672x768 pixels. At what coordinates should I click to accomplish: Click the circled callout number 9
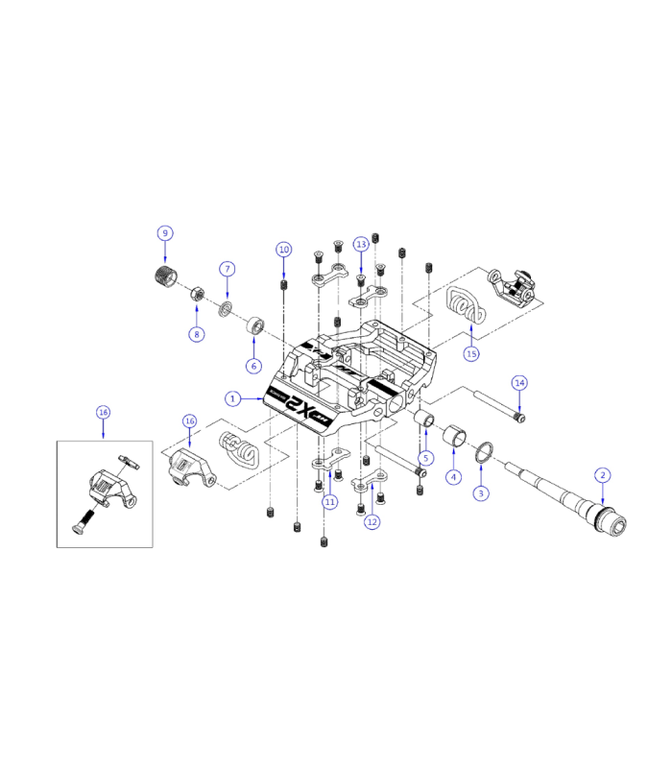point(165,233)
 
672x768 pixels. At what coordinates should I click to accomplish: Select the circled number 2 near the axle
point(602,474)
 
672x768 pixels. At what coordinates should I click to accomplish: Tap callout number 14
point(519,382)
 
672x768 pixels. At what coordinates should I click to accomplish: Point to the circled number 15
point(470,354)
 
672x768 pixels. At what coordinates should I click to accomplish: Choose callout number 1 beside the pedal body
point(231,397)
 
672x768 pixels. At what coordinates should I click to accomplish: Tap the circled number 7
point(228,269)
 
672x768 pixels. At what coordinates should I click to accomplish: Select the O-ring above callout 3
point(486,452)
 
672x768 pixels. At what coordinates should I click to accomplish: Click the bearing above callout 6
point(256,324)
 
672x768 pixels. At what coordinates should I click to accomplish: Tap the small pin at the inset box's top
point(129,464)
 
